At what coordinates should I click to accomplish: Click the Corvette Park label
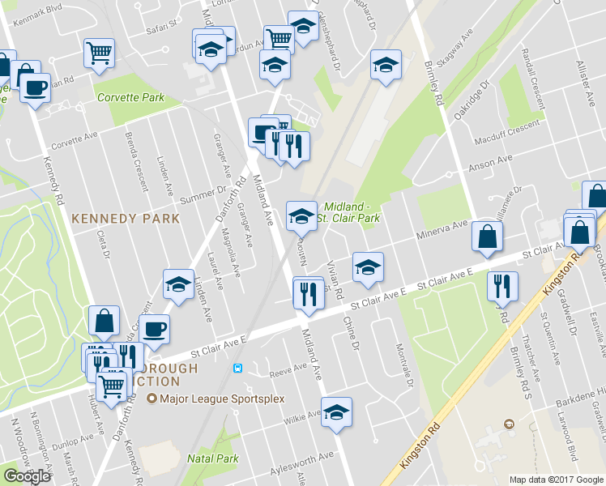click(x=130, y=97)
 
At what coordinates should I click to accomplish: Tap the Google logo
click(x=27, y=476)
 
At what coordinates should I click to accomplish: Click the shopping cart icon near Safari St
click(x=99, y=53)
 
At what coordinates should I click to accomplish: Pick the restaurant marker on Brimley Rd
click(x=502, y=286)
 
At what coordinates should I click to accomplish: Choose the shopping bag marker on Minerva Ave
click(x=487, y=237)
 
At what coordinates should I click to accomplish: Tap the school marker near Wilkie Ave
click(x=337, y=411)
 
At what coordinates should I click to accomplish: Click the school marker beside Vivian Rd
click(x=368, y=268)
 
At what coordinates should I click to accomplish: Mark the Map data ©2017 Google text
click(x=556, y=479)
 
